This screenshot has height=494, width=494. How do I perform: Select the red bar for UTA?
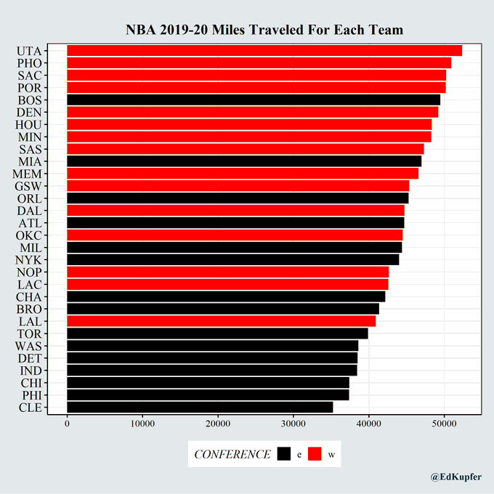(x=264, y=50)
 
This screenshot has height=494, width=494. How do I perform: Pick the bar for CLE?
(x=200, y=407)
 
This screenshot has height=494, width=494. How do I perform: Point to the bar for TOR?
(x=217, y=333)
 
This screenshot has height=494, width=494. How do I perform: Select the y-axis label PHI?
(x=32, y=394)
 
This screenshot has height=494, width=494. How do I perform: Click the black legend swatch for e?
(x=283, y=454)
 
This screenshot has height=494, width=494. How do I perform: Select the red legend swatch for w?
(x=315, y=454)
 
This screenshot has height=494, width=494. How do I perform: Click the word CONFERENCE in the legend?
(x=232, y=455)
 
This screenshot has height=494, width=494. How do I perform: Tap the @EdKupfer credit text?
(x=455, y=477)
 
